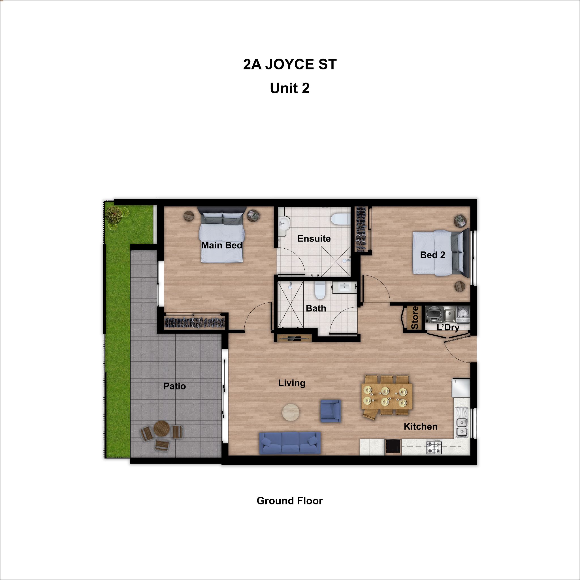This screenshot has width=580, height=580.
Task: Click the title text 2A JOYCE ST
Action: [x=290, y=65]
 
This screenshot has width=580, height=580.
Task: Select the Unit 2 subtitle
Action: [x=290, y=88]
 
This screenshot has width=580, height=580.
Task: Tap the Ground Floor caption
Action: [x=290, y=501]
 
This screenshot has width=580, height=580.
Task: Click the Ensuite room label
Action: [x=314, y=239]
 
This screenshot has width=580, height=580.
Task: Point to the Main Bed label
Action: [x=221, y=246]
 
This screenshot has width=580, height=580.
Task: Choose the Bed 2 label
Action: [x=433, y=255]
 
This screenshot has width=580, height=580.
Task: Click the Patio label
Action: [x=174, y=386]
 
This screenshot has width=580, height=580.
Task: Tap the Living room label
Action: [x=292, y=383]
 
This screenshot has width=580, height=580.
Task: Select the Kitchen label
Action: [x=420, y=427]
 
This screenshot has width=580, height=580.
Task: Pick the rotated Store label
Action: [x=415, y=318]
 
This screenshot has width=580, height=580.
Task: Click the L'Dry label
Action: [x=448, y=328]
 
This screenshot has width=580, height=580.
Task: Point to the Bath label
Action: [x=316, y=308]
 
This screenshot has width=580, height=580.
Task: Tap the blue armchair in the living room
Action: [x=330, y=411]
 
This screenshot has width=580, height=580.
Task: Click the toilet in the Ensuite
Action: [x=340, y=219]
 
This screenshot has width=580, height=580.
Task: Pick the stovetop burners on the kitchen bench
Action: [x=434, y=448]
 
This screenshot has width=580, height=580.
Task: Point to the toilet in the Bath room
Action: [x=320, y=291]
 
